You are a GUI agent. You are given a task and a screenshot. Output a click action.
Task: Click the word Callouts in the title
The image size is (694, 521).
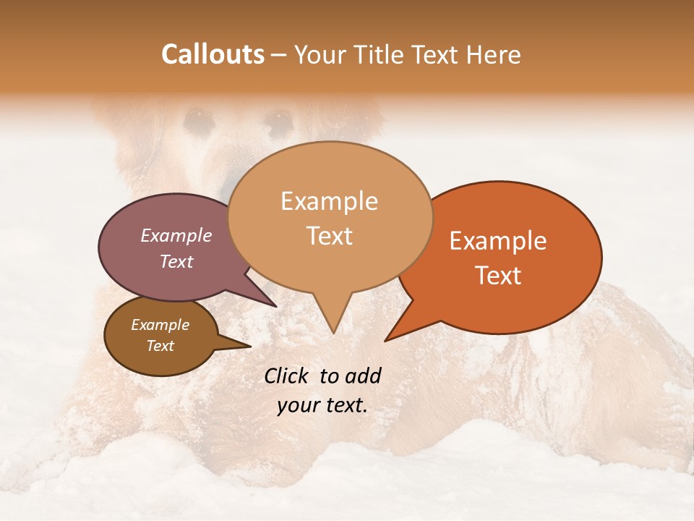click(213, 54)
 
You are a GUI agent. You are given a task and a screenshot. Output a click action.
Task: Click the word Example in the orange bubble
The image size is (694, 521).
click(498, 241)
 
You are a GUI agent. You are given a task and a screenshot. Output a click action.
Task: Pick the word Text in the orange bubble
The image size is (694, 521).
click(498, 276)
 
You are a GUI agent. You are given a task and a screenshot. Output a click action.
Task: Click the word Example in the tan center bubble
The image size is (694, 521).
click(329, 201)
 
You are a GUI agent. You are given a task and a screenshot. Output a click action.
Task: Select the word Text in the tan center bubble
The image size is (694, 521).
click(329, 236)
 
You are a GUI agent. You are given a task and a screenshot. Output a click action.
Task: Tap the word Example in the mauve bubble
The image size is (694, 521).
click(176, 236)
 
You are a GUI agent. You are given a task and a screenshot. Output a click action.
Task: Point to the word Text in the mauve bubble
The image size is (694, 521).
click(176, 262)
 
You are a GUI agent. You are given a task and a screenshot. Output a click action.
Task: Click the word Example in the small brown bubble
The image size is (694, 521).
click(160, 325)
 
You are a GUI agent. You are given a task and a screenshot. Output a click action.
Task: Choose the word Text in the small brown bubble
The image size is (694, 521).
click(160, 346)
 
